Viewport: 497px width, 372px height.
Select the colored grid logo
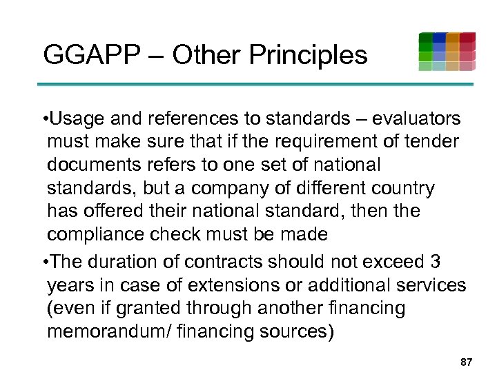pos(447,51)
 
